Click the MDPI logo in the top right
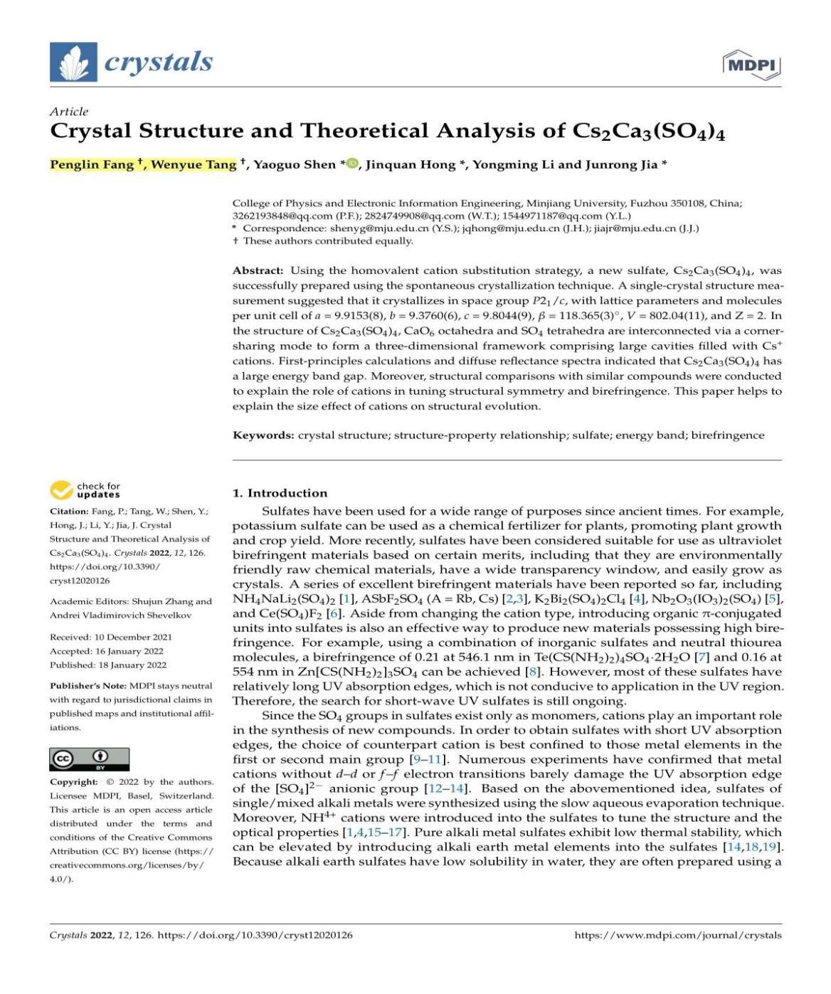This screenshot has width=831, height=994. point(751,65)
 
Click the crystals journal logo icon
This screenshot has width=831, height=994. point(73,62)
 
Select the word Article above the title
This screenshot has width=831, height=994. point(69,112)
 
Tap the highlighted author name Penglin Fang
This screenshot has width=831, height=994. point(92,164)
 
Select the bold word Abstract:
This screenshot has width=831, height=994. point(258,270)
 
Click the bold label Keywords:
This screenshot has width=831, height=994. point(263,435)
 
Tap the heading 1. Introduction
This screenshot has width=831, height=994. point(280,493)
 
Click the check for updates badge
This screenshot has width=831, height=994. point(85,490)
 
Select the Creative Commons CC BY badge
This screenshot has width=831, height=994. point(90,759)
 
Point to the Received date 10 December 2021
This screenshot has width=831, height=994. point(133,637)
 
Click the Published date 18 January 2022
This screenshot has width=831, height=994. point(133,665)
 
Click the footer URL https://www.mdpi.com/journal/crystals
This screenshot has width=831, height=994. point(677,935)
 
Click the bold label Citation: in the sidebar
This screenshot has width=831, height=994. point(69,512)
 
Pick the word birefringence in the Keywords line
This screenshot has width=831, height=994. point(728,435)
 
